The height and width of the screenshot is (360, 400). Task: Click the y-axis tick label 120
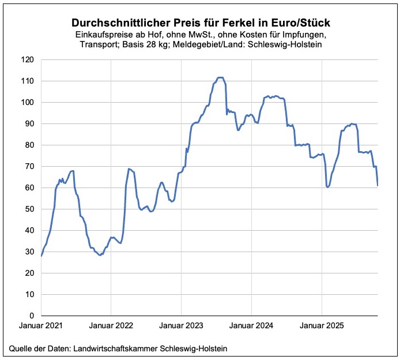[x=27, y=59]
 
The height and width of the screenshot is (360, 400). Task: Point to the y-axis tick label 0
[x=31, y=316]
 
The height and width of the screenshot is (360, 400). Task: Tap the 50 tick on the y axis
[x=29, y=209]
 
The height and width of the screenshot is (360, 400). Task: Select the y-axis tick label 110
[x=27, y=81]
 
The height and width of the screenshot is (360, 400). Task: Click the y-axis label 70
[x=29, y=166]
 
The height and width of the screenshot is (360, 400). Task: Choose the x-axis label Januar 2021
[x=41, y=326]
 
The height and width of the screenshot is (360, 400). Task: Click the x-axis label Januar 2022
[x=111, y=326]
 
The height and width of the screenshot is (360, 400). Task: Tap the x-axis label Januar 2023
[x=182, y=326]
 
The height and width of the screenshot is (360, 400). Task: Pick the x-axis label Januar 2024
[x=251, y=326]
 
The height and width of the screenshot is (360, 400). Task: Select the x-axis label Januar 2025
[x=322, y=326]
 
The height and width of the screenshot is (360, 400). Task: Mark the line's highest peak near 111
[x=220, y=77]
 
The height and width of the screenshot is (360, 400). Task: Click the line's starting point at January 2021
[x=41, y=256]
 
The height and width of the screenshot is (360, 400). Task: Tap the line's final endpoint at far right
[x=378, y=185]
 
